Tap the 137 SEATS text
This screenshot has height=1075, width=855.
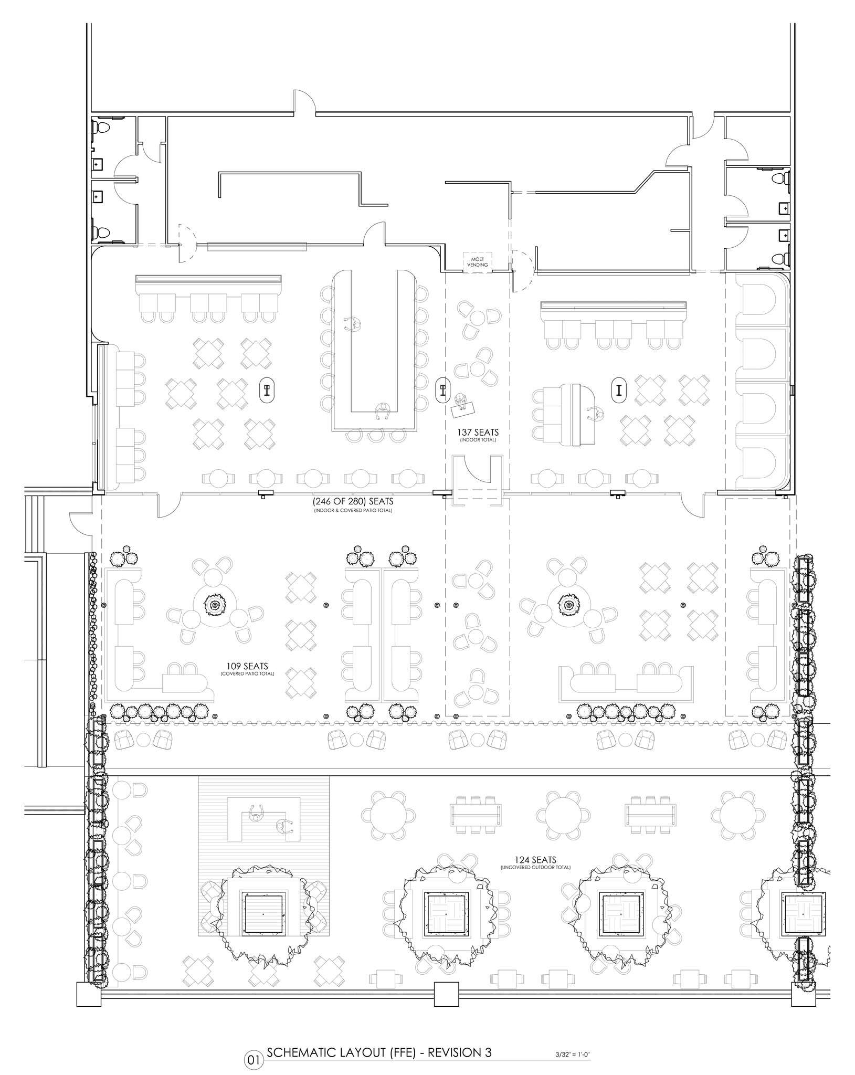pyautogui.click(x=477, y=432)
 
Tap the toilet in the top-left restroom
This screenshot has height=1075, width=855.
pyautogui.click(x=100, y=128)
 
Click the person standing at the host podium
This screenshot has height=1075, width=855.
pyautogui.click(x=461, y=402)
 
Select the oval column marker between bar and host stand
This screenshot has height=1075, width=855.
pyautogui.click(x=443, y=389)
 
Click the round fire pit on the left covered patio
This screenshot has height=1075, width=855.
pyautogui.click(x=215, y=605)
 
